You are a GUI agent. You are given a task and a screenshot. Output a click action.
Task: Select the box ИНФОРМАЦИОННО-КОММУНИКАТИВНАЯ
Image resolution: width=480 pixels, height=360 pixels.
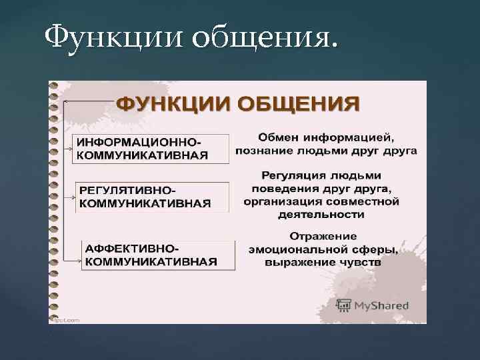click(x=150, y=149)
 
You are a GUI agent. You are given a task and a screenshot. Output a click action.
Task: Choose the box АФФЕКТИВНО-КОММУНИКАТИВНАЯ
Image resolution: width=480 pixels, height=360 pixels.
click(x=157, y=254)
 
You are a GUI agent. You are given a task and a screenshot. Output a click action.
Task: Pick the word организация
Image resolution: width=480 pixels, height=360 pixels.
click(x=277, y=201)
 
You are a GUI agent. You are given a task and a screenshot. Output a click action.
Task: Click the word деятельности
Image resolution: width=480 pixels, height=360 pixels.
click(x=322, y=214)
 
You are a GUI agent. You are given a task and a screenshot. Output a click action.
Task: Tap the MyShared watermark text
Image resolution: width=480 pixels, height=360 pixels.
click(x=381, y=306)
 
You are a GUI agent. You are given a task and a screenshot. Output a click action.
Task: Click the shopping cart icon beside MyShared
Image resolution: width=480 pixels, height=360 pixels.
click(x=344, y=305)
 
